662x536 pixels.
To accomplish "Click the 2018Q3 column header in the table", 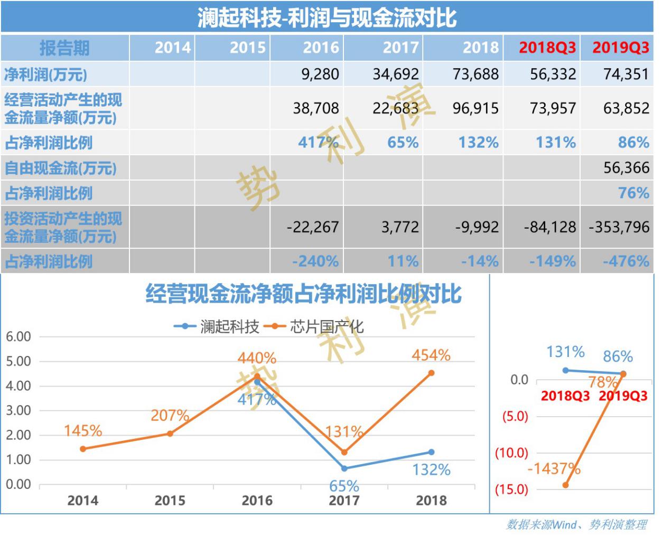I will point(547,48).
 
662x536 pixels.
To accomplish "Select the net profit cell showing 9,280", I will point(320,74).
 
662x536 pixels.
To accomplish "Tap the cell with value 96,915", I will point(475,108).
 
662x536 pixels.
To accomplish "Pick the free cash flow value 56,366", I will point(626,168).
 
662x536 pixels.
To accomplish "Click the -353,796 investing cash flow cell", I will point(619,227).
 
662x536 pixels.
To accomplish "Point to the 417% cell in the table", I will point(318,143).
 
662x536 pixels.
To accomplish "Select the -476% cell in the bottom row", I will point(626,261).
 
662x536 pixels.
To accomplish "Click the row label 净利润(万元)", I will point(45,74).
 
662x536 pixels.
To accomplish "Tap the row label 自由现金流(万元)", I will point(60,168).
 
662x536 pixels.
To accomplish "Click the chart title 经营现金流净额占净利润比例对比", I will point(303,294).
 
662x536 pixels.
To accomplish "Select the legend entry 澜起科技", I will point(217,327).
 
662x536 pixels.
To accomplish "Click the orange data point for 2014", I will point(83,449).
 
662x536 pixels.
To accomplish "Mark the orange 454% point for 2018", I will point(431,373).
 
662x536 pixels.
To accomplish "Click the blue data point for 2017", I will point(344,468).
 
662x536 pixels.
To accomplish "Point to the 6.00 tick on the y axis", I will point(18,337).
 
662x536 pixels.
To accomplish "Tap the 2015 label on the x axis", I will point(170,501).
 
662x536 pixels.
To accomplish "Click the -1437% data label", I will point(553,468).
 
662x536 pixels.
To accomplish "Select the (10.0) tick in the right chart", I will point(511,453).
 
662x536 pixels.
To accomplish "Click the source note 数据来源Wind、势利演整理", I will point(576,524).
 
